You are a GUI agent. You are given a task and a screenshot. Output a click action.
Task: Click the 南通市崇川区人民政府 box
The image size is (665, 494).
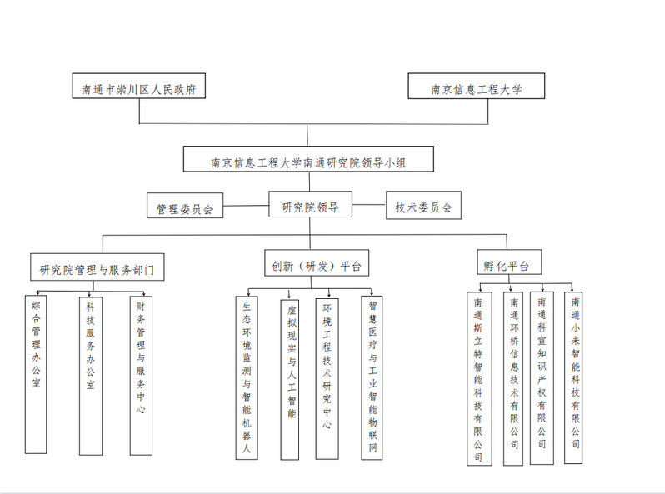click(138, 87)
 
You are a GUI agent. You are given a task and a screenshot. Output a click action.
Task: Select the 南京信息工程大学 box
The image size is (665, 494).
click(476, 87)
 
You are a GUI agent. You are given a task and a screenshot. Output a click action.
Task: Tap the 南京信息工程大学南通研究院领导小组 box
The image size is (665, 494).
click(307, 162)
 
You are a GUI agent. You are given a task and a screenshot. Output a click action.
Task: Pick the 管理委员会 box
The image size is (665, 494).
click(185, 207)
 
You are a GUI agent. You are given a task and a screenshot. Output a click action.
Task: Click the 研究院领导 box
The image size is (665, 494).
click(309, 205)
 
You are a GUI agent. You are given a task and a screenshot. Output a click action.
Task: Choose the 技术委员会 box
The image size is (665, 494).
click(423, 207)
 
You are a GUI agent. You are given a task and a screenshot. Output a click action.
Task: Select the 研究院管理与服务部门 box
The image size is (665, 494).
click(97, 268)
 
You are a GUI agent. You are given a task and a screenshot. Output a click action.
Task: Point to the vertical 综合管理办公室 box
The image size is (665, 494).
click(36, 373)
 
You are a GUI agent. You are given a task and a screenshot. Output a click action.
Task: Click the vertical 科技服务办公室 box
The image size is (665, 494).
click(91, 373)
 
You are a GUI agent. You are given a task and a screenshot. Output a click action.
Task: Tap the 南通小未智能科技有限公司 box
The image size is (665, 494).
click(574, 377)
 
